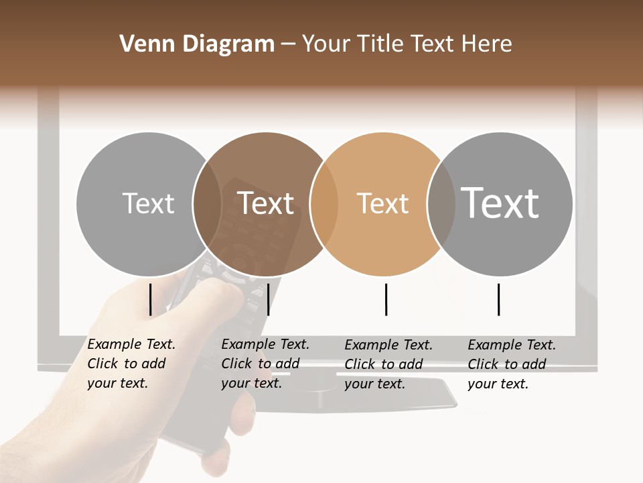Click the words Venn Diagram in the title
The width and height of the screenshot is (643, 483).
pos(196,44)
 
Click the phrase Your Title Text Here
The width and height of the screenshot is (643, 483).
pos(407,44)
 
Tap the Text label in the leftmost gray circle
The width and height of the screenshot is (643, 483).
pos(148,203)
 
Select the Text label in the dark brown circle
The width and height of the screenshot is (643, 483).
pos(266,203)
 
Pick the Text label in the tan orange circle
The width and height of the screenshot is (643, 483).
pos(382,203)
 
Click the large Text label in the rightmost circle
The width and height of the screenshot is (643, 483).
pos(500,203)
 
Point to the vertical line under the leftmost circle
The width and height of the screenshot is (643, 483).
pos(151,299)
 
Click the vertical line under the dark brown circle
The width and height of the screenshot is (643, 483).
pos(268,299)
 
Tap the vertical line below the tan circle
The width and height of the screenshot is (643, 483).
pos(386,299)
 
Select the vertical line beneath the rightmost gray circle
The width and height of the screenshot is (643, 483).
pos(498,299)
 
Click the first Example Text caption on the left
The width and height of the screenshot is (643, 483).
pos(131,364)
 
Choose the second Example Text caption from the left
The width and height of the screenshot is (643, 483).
pos(265,364)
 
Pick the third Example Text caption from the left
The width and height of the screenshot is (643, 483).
pos(388,364)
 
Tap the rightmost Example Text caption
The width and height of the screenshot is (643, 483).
pos(511,364)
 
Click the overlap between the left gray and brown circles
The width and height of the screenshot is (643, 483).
pos(207,204)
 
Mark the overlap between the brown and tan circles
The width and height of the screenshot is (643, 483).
pos(324,204)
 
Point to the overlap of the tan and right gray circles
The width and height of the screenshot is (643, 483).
pos(441,204)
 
